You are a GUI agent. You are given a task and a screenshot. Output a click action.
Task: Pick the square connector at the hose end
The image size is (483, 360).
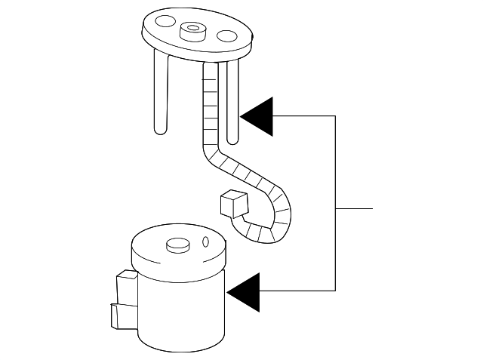233,203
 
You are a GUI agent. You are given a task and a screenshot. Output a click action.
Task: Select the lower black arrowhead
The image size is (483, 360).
244,291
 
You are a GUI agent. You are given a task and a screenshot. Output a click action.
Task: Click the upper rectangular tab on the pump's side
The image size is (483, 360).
125,288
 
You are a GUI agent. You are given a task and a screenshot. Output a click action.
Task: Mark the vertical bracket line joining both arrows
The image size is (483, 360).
335,204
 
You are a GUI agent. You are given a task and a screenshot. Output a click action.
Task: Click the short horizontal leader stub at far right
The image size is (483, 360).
354,207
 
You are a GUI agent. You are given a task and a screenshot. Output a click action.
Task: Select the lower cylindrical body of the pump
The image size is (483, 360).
181,317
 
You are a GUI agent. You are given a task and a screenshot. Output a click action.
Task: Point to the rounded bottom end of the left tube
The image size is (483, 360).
161,131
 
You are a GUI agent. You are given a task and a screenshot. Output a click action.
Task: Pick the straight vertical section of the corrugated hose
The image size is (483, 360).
211,106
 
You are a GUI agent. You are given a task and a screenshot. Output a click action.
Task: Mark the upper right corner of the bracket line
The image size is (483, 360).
335,115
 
